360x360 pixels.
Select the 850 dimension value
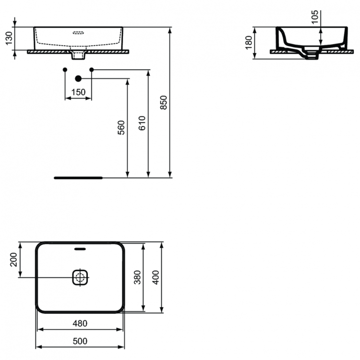click(x=163, y=103)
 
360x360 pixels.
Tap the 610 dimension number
click(x=142, y=123)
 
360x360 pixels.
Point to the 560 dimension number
click(x=121, y=127)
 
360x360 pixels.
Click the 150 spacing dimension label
click(x=78, y=92)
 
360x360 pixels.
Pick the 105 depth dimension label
click(x=315, y=16)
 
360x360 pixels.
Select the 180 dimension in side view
click(x=248, y=43)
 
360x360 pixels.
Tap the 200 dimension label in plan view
click(x=13, y=260)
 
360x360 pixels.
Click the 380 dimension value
click(x=136, y=277)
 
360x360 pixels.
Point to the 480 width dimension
click(x=80, y=324)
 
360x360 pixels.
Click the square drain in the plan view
click(x=80, y=277)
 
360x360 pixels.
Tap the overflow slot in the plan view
click(x=80, y=249)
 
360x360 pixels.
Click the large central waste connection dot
click(x=78, y=78)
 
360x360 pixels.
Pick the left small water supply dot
click(x=65, y=70)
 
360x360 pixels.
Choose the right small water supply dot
click(x=92, y=70)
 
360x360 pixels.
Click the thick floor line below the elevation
click(x=78, y=178)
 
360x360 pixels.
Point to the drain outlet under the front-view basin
click(x=78, y=56)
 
